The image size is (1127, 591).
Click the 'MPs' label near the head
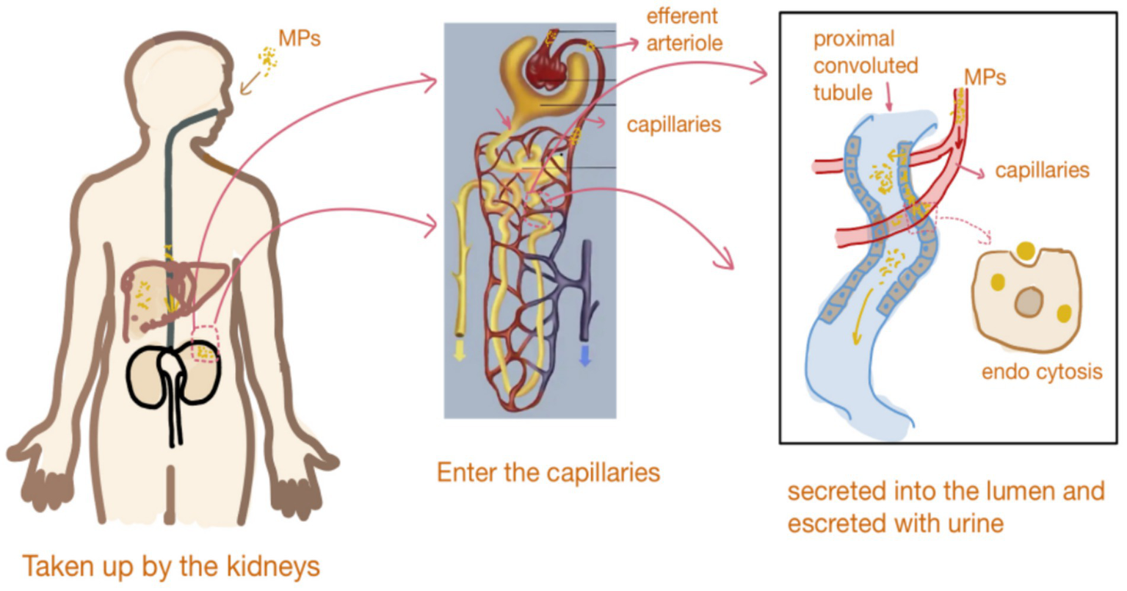(300, 38)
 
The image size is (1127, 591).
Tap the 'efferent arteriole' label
(683, 29)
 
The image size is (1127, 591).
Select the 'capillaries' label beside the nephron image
(673, 125)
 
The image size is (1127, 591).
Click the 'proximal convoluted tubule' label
(865, 66)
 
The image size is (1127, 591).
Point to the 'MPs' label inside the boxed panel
(985, 78)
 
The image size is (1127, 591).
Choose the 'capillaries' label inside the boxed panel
(1041, 170)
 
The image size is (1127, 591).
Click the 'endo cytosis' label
(1041, 371)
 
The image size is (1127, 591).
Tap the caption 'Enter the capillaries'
(548, 472)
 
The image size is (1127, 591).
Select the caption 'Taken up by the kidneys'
(170, 567)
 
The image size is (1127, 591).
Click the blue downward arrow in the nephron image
(585, 355)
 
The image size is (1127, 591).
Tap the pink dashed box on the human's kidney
(205, 344)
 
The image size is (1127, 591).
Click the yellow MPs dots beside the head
(269, 59)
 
